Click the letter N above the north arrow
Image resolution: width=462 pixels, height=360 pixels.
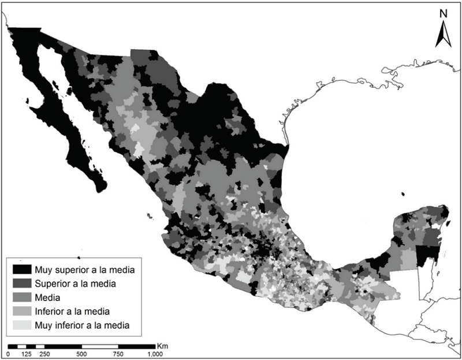tap(442, 13)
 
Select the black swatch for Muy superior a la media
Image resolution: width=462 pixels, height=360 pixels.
tap(21, 269)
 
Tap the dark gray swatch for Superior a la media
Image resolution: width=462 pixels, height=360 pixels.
tap(21, 283)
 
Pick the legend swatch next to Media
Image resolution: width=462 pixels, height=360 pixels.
tap(21, 297)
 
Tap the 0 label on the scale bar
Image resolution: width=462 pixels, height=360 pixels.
tap(8, 354)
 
